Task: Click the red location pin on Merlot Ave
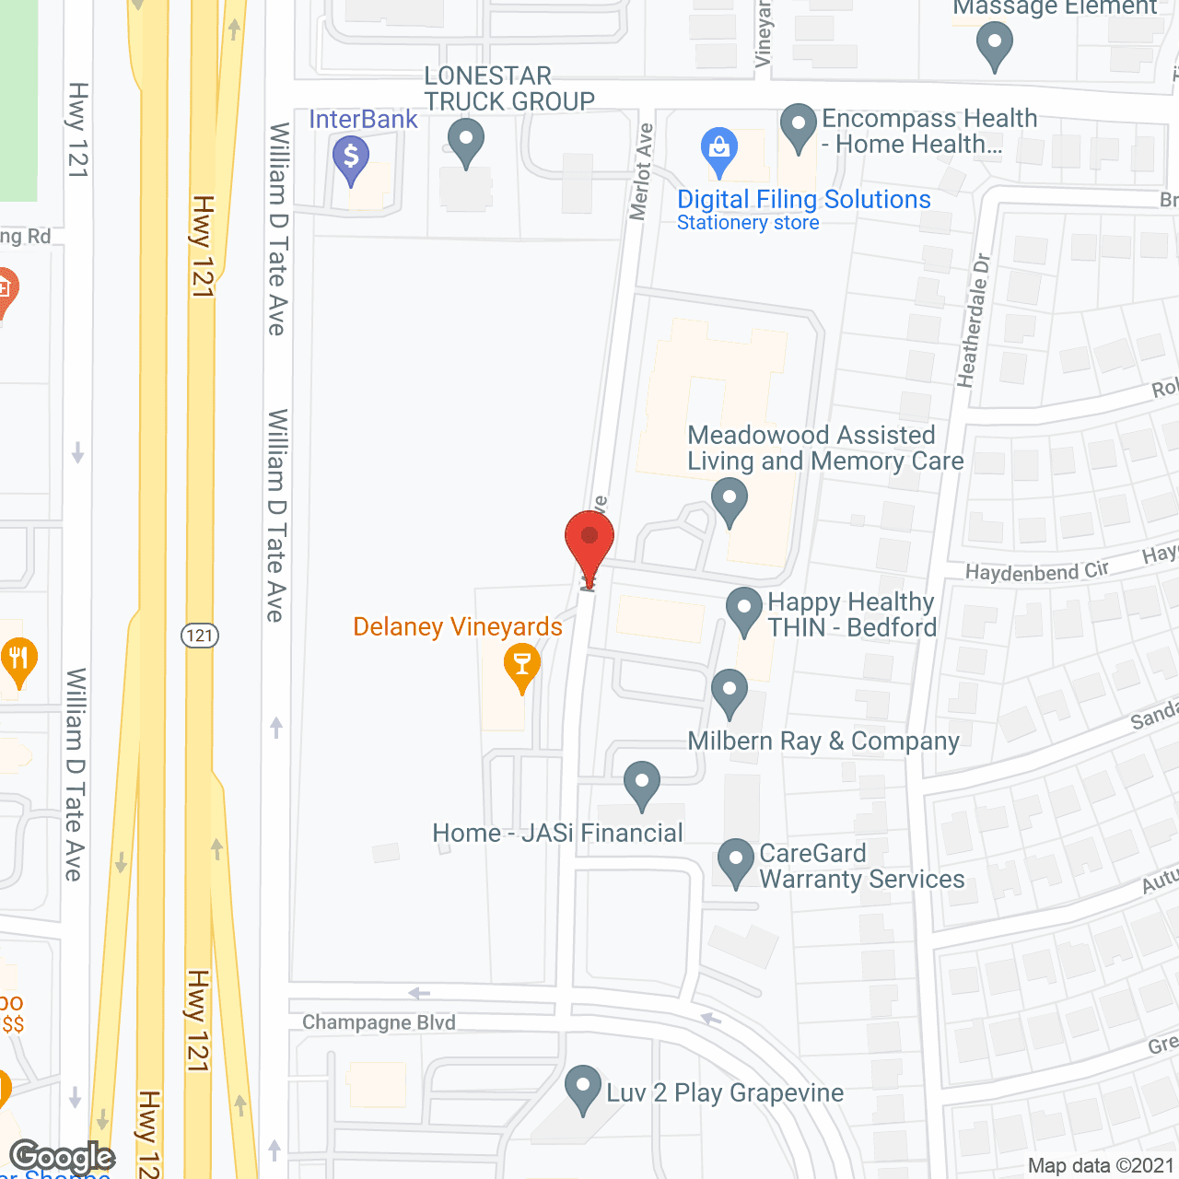[x=589, y=544]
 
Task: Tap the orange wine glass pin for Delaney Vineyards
[x=522, y=666]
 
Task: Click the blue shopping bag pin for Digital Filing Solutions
[x=719, y=150]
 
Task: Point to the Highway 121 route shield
[x=199, y=636]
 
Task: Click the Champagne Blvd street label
[x=379, y=1022]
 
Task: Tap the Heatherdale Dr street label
[x=975, y=320]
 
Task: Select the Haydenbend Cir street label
[x=1036, y=572]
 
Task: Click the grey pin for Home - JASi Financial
[x=642, y=784]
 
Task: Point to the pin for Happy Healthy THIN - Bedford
[x=744, y=610]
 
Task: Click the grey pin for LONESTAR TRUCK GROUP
[x=466, y=142]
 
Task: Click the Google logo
[x=63, y=1157]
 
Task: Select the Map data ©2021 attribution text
[x=1101, y=1166]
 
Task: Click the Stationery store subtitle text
[x=748, y=223]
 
